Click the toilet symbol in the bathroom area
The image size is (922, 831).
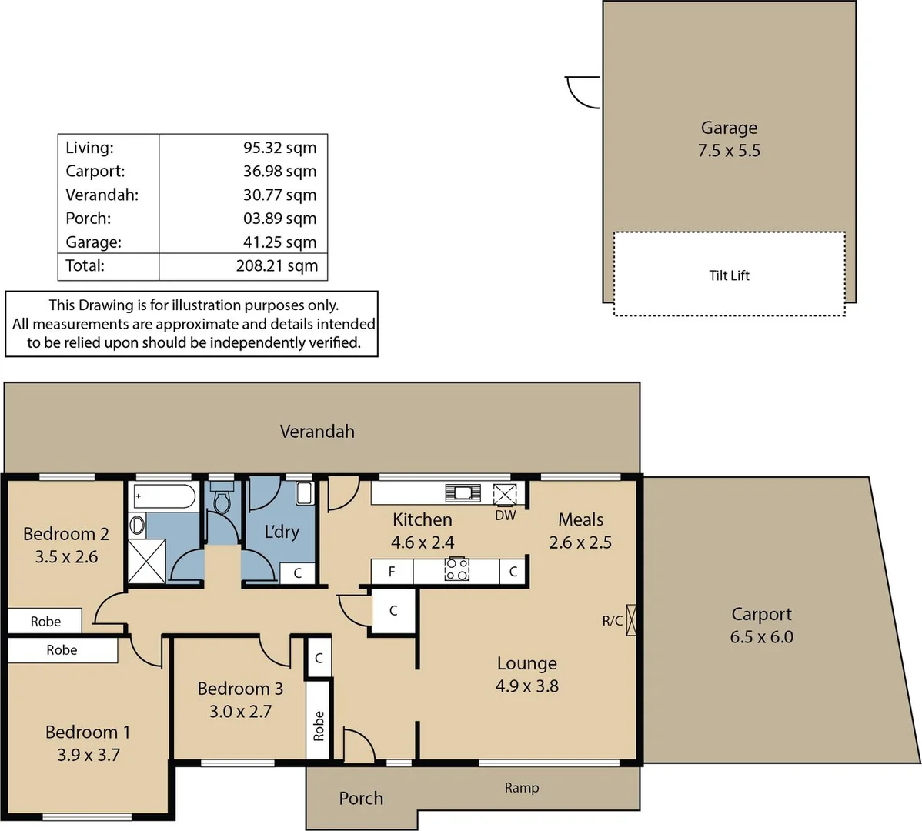click(x=222, y=501)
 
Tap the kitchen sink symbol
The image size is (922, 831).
click(x=463, y=493)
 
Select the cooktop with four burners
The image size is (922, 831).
click(x=457, y=570)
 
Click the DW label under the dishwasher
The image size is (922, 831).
click(x=505, y=516)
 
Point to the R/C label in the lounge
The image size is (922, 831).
click(x=613, y=620)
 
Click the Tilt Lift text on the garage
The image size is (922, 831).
click(x=729, y=275)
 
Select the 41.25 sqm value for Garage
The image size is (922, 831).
click(x=279, y=242)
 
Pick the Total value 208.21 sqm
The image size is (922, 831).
click(x=276, y=265)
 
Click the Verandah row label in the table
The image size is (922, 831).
click(x=102, y=195)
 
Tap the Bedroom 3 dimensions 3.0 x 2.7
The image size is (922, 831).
click(x=240, y=712)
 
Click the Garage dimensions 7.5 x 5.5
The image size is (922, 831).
click(x=729, y=151)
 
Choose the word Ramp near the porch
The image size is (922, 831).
click(x=522, y=788)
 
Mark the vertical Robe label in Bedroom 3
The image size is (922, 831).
click(x=319, y=726)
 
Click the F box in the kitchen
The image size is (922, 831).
click(x=392, y=572)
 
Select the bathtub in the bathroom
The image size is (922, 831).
click(x=164, y=496)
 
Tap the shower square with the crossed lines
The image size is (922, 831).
click(x=146, y=561)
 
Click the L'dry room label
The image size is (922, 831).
click(x=282, y=532)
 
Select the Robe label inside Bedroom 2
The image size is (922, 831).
click(x=45, y=622)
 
